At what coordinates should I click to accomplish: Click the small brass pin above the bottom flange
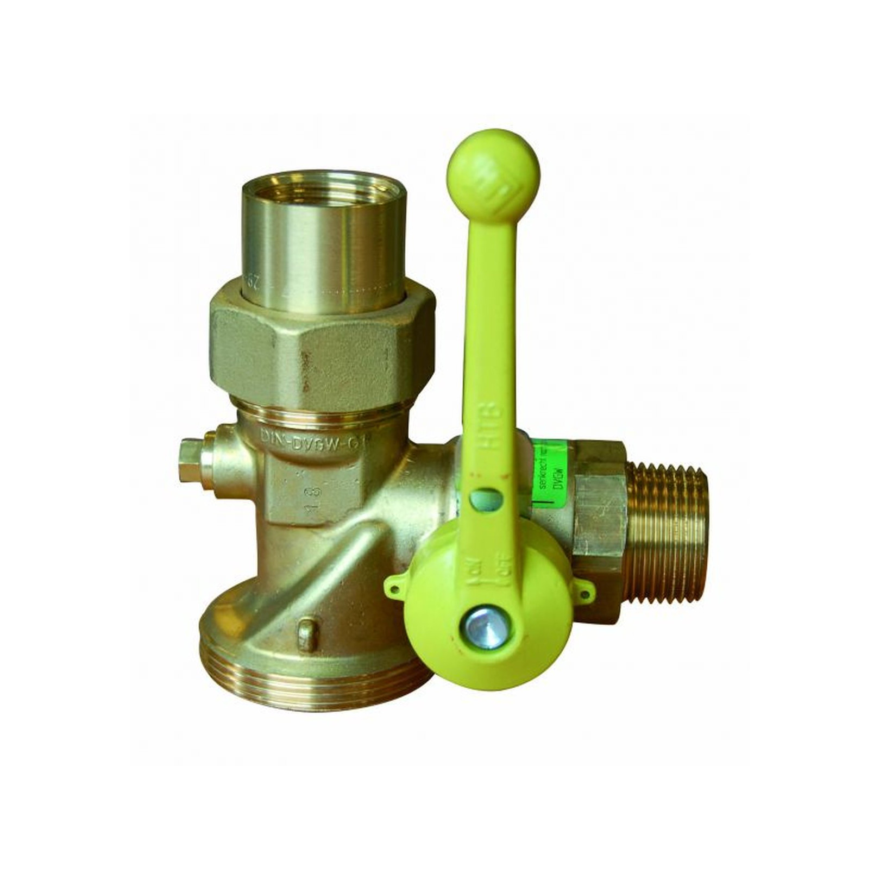point(307,634)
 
